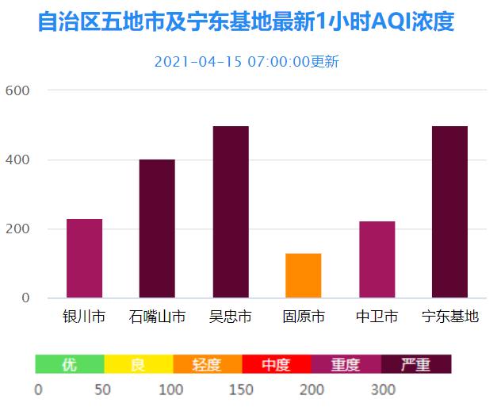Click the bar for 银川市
pos(84,258)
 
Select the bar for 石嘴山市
pos(157,229)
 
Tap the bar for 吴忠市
pos(230,212)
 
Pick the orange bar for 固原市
pos(303,275)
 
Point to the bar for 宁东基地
pos(449,212)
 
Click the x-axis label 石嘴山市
pos(157,317)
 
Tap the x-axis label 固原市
pos(303,317)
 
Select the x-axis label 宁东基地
pos(449,317)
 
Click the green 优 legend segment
pos(70,364)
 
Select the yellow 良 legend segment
pos(139,364)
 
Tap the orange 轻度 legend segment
pos(207,364)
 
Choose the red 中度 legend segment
pos(277,364)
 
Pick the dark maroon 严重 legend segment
pos(416,364)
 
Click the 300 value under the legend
pos(383,390)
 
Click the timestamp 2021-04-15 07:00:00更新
pos(247,62)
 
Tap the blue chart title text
pos(247,21)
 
